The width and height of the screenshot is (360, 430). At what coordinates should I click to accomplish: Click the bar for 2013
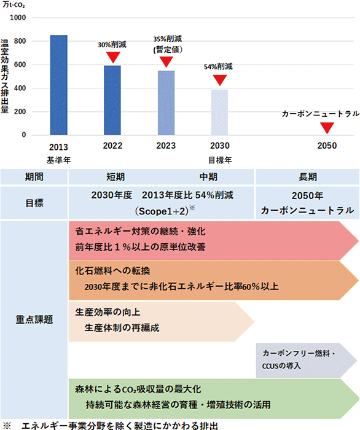point(59,85)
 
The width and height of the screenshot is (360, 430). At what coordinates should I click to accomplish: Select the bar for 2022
point(112,100)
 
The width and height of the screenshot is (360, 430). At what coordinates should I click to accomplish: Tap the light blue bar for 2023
point(166,103)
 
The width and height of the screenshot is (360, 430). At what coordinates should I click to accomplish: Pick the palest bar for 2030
point(219,112)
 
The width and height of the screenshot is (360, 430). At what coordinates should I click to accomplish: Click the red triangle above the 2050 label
point(327,128)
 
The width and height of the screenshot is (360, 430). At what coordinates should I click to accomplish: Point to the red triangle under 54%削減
point(219,80)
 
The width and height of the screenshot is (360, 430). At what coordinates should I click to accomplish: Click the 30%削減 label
point(112,45)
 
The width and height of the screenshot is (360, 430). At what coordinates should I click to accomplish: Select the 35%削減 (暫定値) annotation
point(168,44)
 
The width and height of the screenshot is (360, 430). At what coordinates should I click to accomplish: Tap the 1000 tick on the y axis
point(18,18)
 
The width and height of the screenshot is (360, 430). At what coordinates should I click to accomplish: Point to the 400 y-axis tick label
point(20,88)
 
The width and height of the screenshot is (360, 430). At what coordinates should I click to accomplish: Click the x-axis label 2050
point(327,146)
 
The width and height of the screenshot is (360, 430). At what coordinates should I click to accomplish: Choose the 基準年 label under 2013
point(59,160)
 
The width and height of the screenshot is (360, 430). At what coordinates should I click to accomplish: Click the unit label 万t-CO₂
point(14,5)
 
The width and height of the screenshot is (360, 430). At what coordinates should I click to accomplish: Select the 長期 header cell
point(308,177)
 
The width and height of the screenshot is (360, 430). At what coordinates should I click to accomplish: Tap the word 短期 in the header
point(115,177)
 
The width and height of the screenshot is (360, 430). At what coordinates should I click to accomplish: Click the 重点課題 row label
point(34,319)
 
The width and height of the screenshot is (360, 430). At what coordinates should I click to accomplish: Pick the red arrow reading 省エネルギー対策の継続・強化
point(214,241)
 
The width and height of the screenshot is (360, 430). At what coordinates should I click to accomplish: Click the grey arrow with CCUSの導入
point(307,360)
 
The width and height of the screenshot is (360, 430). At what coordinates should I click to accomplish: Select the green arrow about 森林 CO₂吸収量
point(214,399)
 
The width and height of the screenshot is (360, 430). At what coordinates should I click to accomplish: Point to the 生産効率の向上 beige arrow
point(161,322)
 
